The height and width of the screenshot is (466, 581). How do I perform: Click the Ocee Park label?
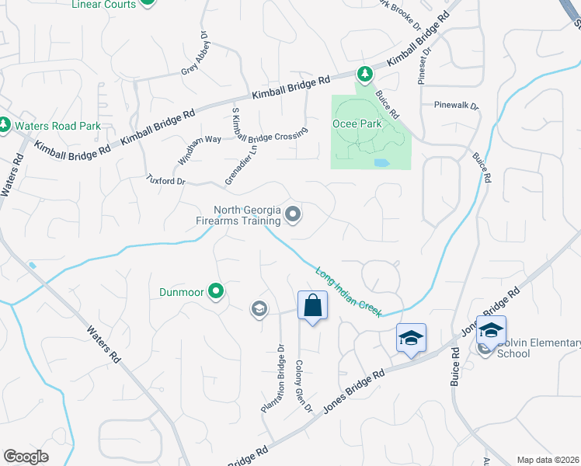(357, 123)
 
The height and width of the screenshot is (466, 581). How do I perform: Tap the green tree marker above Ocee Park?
(364, 74)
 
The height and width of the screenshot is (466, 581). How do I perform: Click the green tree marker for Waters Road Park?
(5, 124)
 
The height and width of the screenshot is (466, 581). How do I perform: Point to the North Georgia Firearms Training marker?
(293, 214)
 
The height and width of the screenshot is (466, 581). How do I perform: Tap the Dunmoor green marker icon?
(216, 292)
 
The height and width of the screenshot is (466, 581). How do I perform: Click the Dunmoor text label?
(181, 292)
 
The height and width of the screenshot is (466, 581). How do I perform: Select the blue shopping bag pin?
(312, 305)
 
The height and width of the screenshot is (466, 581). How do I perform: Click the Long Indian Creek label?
(349, 292)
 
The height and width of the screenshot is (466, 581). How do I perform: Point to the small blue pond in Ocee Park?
(381, 163)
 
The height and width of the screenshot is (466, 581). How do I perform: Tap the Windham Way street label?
(190, 149)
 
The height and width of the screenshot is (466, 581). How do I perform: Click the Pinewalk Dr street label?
(456, 104)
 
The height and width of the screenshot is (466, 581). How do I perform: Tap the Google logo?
(26, 457)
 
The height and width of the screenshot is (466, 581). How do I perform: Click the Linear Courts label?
(103, 5)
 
